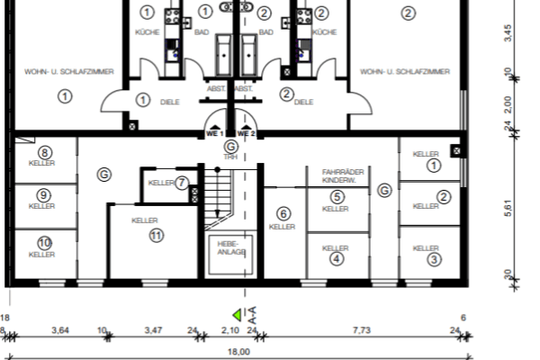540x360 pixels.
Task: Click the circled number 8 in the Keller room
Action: click(42, 153)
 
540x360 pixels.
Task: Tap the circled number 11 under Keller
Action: click(157, 236)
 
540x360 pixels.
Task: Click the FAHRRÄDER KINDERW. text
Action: click(336, 175)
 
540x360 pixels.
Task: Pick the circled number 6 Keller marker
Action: click(283, 214)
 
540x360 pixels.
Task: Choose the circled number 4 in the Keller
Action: click(337, 259)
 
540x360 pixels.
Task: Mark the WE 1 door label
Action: click(214, 133)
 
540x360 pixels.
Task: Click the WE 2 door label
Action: click(247, 133)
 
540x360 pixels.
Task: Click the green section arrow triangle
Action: click(238, 315)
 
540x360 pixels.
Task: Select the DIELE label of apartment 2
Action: click(303, 103)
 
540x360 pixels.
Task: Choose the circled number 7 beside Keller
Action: click(182, 183)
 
